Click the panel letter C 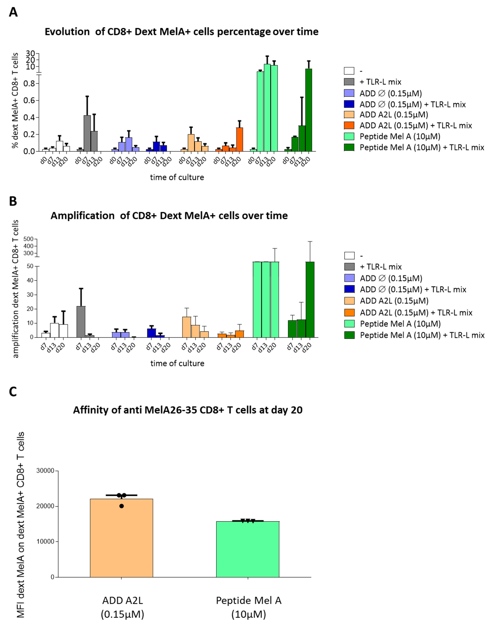coord(13,392)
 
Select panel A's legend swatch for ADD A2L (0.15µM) coord(349,115)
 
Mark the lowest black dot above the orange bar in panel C coord(122,506)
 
